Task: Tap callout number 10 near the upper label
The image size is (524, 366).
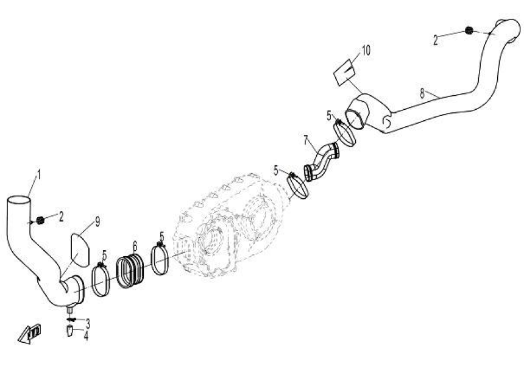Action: click(x=366, y=51)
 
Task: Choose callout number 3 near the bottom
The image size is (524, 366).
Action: click(x=88, y=321)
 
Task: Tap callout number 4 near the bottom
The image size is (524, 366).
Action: click(x=86, y=334)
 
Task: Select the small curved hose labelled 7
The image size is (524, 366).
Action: click(x=321, y=161)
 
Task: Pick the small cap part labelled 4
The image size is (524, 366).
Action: click(x=69, y=331)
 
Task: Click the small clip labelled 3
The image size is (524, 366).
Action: click(x=71, y=318)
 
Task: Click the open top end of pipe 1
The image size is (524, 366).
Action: click(x=19, y=201)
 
